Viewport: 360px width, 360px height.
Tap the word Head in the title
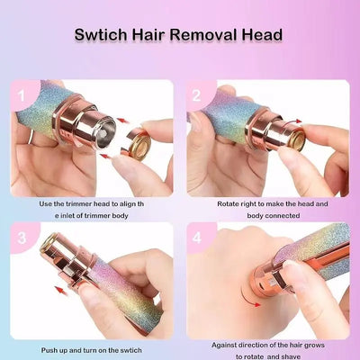click(263, 35)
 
